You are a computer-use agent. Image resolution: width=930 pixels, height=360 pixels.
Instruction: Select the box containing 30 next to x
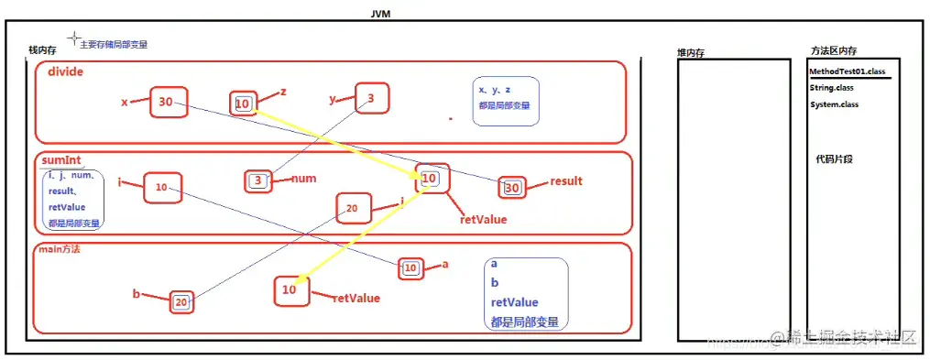[168, 102]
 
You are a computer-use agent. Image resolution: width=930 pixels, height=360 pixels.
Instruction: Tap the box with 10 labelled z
[243, 104]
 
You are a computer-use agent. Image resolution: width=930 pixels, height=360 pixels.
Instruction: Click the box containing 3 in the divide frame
[371, 98]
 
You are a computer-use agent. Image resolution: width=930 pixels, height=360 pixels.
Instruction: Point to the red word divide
[66, 73]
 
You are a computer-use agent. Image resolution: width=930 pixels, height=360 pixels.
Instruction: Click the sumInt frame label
[61, 159]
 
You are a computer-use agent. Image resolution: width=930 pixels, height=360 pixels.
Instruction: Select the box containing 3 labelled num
[258, 180]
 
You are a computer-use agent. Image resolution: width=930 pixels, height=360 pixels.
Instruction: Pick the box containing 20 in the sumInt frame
[353, 208]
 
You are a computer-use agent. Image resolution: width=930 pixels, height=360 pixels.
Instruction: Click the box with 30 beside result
[512, 188]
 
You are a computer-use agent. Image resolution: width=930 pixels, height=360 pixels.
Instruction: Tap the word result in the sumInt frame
[565, 180]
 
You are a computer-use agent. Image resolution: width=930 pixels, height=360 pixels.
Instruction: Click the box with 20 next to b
[181, 301]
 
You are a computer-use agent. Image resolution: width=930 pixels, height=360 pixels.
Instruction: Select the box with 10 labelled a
[411, 267]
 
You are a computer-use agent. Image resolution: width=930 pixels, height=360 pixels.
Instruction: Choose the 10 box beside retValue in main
[290, 289]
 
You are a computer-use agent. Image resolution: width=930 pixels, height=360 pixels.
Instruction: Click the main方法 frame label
[58, 248]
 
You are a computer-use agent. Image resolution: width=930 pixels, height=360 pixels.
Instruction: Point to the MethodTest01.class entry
[847, 71]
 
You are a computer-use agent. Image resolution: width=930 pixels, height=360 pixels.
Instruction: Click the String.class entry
[832, 88]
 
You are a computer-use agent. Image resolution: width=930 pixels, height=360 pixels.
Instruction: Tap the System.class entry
[834, 104]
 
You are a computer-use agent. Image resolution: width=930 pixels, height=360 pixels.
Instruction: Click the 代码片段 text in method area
[836, 158]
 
